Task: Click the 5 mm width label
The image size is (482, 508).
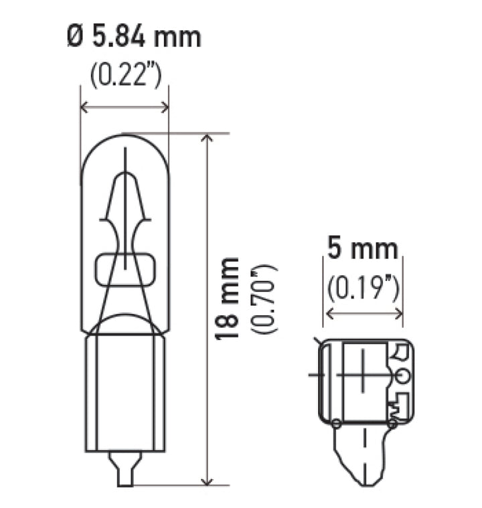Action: pos(363,250)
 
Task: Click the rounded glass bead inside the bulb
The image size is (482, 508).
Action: pos(125,268)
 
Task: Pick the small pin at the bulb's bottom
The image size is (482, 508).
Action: pos(125,469)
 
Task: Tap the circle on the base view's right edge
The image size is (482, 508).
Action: pos(402,375)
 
